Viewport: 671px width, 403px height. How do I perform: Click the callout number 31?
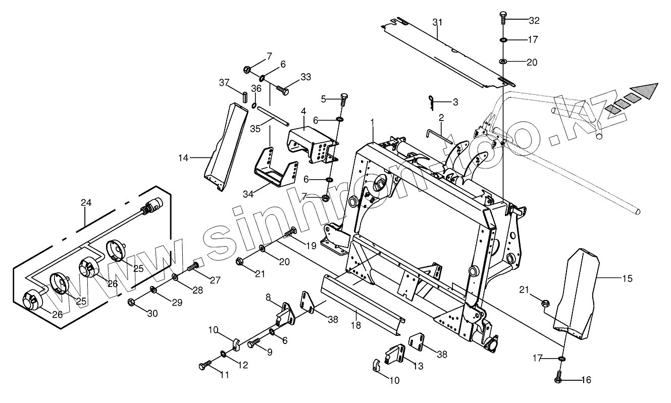(x=437, y=22)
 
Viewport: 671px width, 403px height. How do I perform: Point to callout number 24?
(x=86, y=203)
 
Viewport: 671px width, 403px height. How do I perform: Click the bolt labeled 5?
(x=344, y=99)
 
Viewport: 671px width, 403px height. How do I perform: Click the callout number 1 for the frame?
(x=372, y=123)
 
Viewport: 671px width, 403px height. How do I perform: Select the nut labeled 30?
(x=131, y=302)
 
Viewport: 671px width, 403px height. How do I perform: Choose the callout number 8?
(x=269, y=298)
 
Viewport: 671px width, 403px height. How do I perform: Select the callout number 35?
(x=255, y=129)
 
